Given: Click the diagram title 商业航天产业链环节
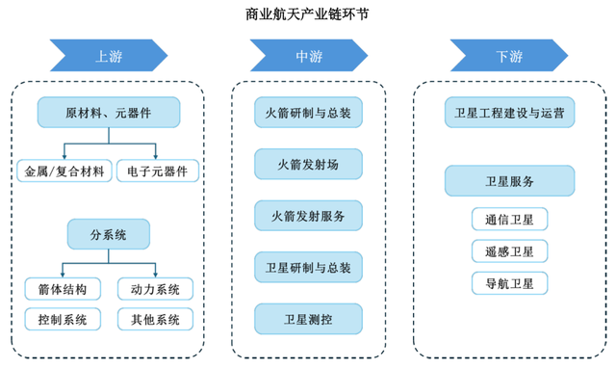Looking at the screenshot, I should pos(307,14).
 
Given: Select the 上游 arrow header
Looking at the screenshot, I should pos(108,55).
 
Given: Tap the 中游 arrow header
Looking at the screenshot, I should pos(309,55).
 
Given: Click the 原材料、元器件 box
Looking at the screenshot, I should pos(108,113).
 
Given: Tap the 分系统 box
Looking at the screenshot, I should pos(108,233).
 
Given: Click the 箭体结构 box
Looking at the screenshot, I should pos(62,288).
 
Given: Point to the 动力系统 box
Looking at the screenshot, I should pos(155,288).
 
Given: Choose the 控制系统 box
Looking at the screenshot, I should pos(62,319).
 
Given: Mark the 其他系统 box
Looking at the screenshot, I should pos(155,319).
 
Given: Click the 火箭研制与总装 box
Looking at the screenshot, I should pos(309,113).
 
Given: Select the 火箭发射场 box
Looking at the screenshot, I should pos(309,164).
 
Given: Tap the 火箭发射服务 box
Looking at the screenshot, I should pos(309,215).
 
